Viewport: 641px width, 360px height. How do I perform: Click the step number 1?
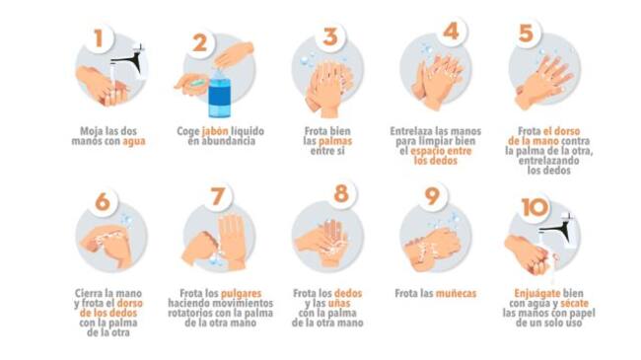(x=98, y=38)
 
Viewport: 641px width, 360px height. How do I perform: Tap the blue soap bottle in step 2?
(x=220, y=94)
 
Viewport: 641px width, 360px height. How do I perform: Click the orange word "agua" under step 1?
(x=134, y=142)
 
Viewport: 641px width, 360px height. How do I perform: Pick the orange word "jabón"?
(x=215, y=132)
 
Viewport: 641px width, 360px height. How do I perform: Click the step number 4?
(x=451, y=32)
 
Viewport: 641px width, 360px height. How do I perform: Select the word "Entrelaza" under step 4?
(x=410, y=131)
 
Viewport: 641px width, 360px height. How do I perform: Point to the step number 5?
(x=526, y=34)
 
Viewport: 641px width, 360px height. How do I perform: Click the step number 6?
(x=103, y=201)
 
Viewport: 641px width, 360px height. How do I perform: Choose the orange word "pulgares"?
(x=241, y=294)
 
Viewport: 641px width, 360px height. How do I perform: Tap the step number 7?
(x=218, y=196)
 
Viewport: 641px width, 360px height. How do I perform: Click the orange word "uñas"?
(x=339, y=304)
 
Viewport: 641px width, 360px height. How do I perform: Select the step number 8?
(x=341, y=194)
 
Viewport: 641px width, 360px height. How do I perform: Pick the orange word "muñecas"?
(x=456, y=294)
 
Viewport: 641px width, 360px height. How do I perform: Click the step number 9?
(x=432, y=196)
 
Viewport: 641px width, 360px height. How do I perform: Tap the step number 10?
(x=535, y=207)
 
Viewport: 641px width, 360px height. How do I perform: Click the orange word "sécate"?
(x=574, y=304)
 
